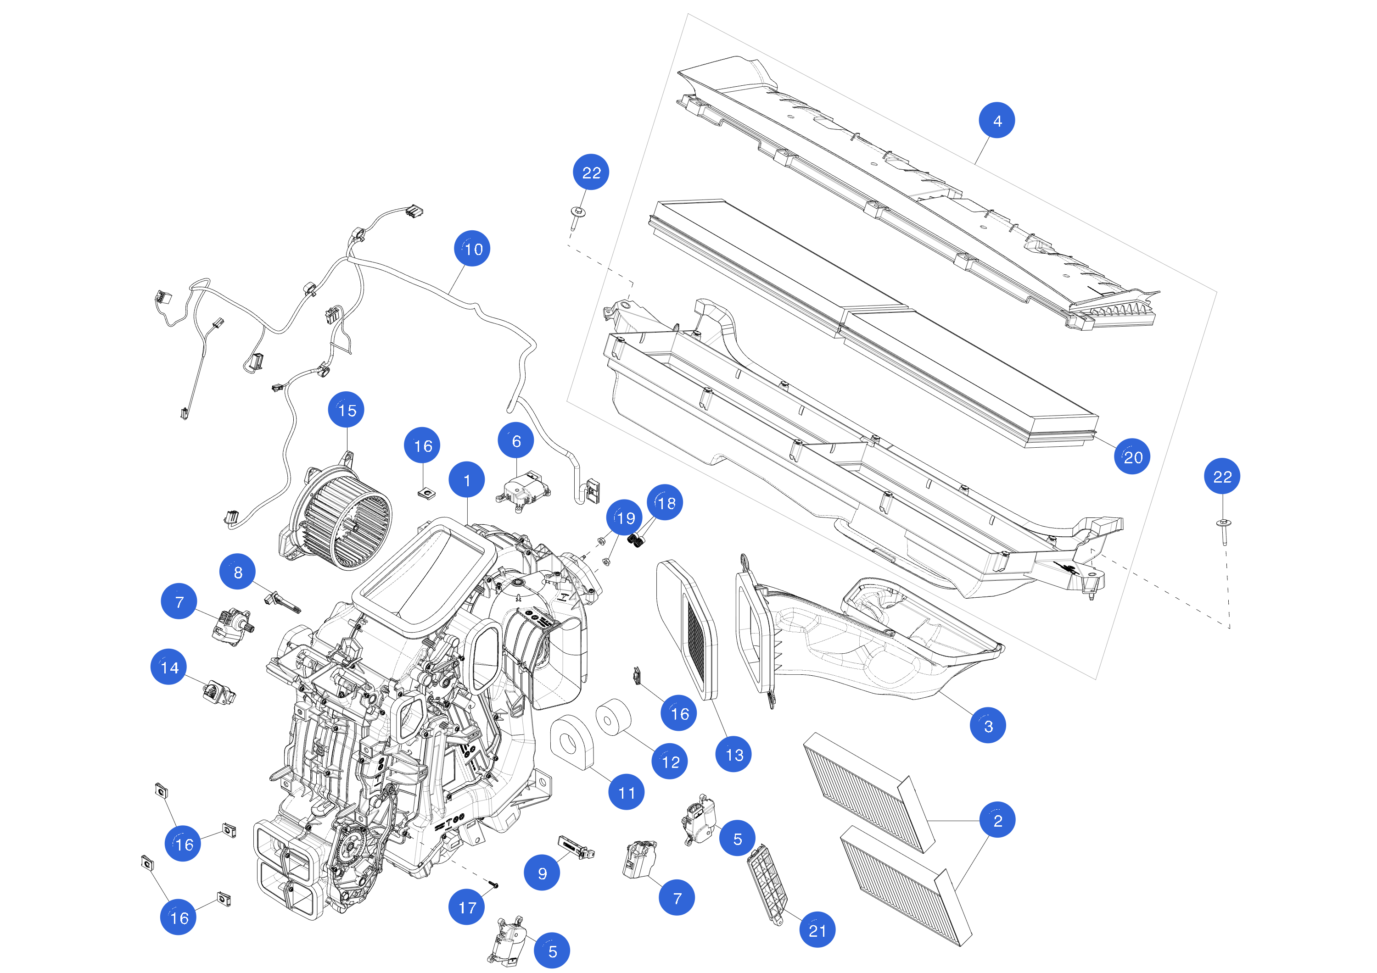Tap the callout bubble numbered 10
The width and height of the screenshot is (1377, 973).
(x=472, y=248)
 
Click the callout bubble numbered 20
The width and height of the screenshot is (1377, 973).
(x=1132, y=457)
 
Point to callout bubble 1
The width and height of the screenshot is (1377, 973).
(x=467, y=479)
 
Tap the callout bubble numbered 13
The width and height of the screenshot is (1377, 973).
(x=733, y=754)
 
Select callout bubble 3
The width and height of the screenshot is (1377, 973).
(x=988, y=725)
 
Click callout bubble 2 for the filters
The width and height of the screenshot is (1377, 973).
(x=997, y=819)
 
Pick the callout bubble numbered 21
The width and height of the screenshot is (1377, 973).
(x=817, y=930)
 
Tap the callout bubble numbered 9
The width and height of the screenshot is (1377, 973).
(x=542, y=873)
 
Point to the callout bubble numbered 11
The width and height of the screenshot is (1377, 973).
(x=626, y=792)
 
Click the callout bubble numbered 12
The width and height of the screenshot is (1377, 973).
(x=670, y=762)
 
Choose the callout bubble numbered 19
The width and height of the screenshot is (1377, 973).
(x=624, y=517)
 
